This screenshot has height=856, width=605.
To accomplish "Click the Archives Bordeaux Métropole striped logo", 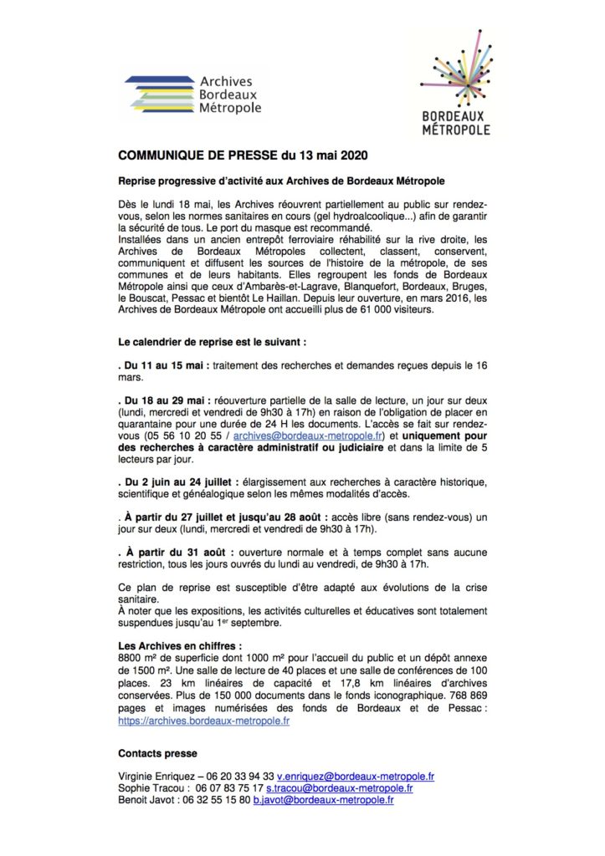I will click(192, 94).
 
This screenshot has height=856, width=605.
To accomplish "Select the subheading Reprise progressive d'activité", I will click(280, 181).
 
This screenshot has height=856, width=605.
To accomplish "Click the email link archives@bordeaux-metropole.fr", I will click(309, 436).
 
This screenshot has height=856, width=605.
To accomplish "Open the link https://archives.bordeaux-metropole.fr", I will click(204, 720).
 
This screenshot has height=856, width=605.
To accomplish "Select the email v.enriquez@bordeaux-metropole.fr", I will click(361, 777).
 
